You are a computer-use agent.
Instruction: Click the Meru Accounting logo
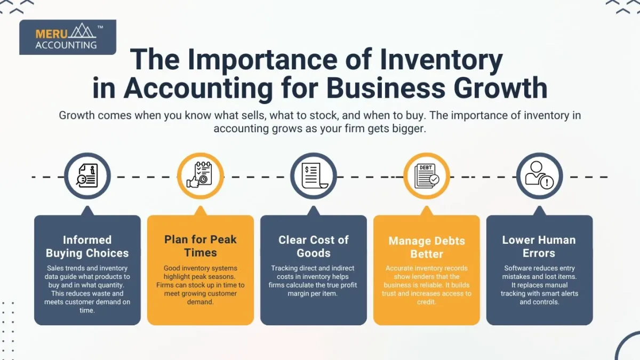68,37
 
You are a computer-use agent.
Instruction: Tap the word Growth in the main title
501,87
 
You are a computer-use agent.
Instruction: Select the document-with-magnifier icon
87,175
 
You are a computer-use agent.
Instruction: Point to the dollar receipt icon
314,175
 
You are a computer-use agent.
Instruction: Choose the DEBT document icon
427,175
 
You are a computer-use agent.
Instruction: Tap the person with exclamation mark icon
539,175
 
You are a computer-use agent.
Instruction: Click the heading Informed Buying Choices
87,246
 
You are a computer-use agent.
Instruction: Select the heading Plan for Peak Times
201,246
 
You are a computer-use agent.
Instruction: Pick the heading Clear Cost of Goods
314,246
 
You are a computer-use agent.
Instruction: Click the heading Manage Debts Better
427,247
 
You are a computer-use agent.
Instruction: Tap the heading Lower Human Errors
539,246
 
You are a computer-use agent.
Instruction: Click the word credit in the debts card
426,302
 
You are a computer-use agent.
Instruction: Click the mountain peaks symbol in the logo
83,30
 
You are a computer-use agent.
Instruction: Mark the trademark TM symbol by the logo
100,27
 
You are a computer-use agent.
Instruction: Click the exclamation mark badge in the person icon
547,182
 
